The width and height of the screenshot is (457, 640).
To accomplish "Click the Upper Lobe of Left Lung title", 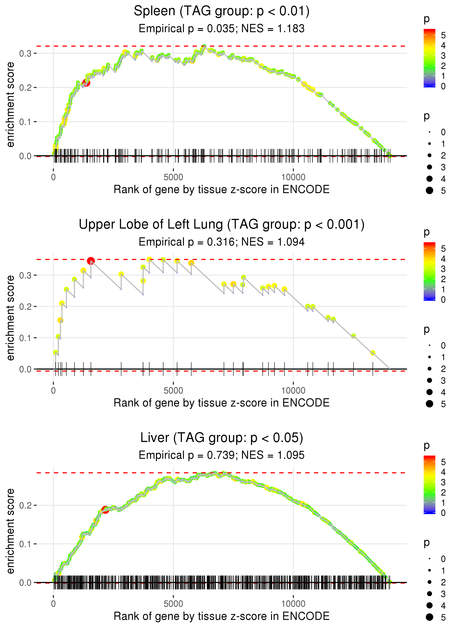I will [222, 225].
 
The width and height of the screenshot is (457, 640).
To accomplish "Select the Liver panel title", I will [222, 438].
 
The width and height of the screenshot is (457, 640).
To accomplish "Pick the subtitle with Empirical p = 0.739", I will [222, 455].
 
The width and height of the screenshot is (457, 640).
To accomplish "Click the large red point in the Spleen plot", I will [86, 83].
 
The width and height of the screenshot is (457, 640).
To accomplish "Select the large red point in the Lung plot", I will [91, 261].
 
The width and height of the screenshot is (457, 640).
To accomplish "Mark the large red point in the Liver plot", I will [105, 510].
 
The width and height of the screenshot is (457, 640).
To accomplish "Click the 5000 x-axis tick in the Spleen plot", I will [173, 177].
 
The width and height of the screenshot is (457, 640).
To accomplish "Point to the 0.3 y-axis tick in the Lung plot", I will [25, 275].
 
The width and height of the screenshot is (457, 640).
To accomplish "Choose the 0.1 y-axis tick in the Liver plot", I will [25, 544].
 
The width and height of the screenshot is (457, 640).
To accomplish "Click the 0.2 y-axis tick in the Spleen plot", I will [25, 88].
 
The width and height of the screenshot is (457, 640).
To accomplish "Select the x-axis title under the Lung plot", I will [222, 403].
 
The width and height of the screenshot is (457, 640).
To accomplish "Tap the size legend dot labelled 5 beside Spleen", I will [429, 191].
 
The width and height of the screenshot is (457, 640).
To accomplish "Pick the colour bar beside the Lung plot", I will [429, 271].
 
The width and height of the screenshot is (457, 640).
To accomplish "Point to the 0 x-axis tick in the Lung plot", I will [53, 391].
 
